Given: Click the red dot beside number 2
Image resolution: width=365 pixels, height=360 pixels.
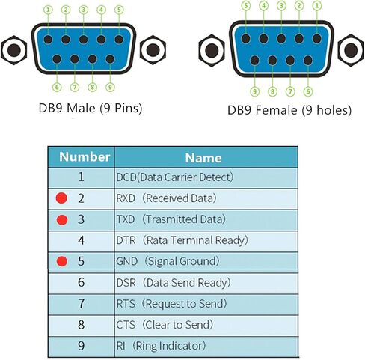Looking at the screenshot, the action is pos(61,198).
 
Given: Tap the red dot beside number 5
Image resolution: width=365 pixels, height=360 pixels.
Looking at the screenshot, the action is pos(62,261).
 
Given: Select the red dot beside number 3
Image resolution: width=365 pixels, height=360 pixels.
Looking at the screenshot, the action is pos(62,219).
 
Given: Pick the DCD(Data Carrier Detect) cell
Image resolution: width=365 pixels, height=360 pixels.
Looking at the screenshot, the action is pos(206,177).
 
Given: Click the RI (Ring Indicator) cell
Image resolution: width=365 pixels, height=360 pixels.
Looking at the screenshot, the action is pos(206,346).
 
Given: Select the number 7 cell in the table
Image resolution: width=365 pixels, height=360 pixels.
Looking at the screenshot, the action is pos(82,304).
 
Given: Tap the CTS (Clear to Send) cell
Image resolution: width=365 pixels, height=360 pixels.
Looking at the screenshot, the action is pos(206,325).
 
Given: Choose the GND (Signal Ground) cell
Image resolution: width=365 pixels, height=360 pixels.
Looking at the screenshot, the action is pos(206,261).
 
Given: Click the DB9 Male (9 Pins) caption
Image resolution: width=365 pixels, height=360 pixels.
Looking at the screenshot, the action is pos(91,108).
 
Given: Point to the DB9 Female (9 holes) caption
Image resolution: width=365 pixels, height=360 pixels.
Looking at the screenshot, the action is pos(289,110).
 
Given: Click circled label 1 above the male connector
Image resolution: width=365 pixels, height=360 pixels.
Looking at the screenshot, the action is pos(48,10).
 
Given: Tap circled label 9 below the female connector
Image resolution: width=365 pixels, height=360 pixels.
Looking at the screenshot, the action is pos(254,91).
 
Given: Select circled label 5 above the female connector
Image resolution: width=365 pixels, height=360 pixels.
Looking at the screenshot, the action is pos(246,6).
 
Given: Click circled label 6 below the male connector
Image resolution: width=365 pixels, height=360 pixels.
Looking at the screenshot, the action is pos(57,88).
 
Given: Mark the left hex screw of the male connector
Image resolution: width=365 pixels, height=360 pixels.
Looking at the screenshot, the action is pos(14,50).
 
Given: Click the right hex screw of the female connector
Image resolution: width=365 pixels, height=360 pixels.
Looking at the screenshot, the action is pos(351,50).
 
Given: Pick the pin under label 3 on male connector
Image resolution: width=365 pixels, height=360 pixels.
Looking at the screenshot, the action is pos(83,40).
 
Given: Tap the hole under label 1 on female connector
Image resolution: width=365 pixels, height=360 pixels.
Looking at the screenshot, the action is pos(317,39).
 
